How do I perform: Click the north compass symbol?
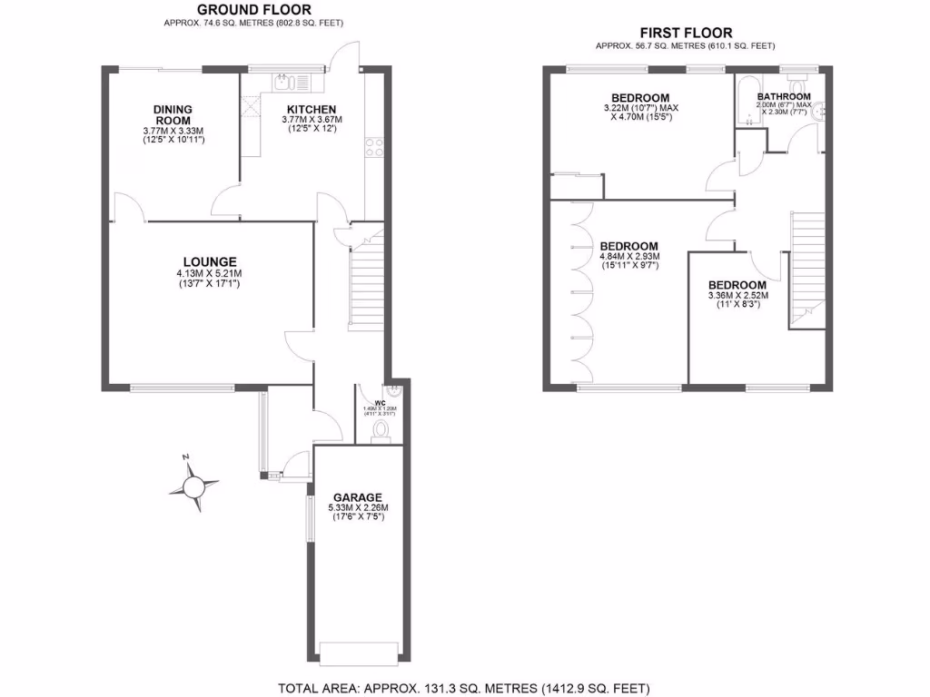click(x=193, y=486)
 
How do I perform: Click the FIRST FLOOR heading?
click(x=686, y=34)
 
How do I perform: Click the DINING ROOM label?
click(x=173, y=115)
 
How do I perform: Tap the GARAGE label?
click(x=357, y=496)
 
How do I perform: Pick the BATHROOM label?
click(x=784, y=97)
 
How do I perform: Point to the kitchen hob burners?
click(x=371, y=147)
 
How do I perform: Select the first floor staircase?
click(x=807, y=263)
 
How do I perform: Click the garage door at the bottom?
click(x=359, y=651)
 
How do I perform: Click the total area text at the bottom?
click(x=463, y=688)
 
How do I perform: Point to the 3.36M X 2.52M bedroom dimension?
click(x=737, y=295)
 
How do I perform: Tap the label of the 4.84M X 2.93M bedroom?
click(x=628, y=246)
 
